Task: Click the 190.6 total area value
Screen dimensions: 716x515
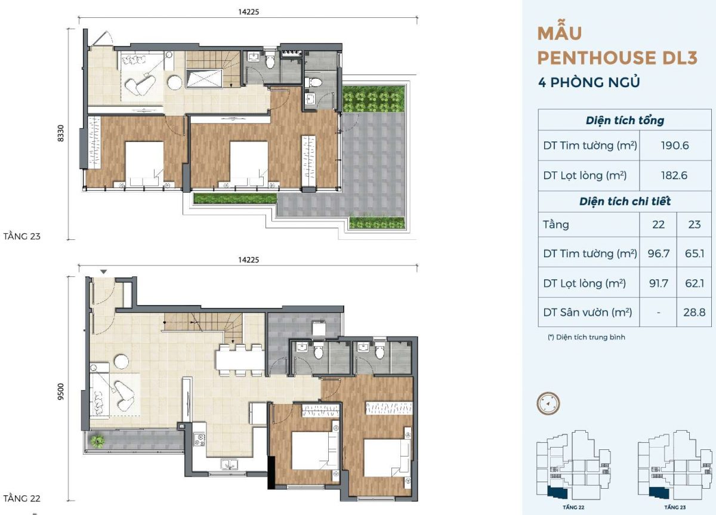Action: pyautogui.click(x=675, y=146)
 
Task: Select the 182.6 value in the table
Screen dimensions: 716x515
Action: pyautogui.click(x=674, y=175)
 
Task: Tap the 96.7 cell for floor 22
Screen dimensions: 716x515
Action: pyautogui.click(x=659, y=254)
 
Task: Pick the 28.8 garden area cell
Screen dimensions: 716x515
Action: pyautogui.click(x=695, y=312)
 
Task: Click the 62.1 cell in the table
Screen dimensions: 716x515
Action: pyautogui.click(x=695, y=283)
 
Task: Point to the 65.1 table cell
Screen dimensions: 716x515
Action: pyautogui.click(x=695, y=254)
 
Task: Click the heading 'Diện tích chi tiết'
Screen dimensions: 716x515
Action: pyautogui.click(x=625, y=201)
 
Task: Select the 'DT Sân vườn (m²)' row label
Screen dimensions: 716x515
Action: pyautogui.click(x=588, y=312)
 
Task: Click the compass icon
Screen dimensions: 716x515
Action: pyautogui.click(x=548, y=403)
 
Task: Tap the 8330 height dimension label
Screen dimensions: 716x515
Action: pyautogui.click(x=61, y=133)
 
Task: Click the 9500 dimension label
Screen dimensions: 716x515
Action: pyautogui.click(x=61, y=391)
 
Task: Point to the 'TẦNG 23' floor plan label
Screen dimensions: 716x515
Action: pyautogui.click(x=21, y=236)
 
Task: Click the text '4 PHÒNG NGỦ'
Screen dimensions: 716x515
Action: pyautogui.click(x=589, y=82)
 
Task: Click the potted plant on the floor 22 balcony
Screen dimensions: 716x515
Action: pyautogui.click(x=97, y=441)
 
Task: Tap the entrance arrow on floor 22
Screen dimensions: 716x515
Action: pyautogui.click(x=104, y=272)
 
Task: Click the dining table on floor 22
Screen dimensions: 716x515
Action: pyautogui.click(x=240, y=360)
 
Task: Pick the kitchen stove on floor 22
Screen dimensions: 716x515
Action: pyautogui.click(x=200, y=439)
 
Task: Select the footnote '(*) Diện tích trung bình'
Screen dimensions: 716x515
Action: pyautogui.click(x=587, y=337)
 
